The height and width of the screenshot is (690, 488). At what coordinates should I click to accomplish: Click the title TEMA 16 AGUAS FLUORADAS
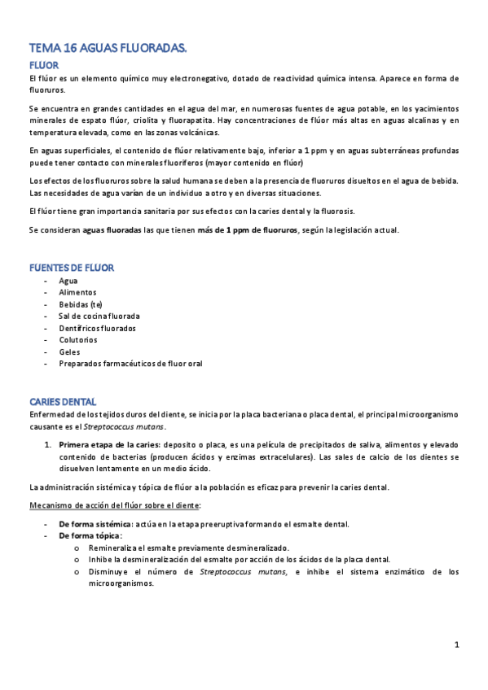tap(108, 50)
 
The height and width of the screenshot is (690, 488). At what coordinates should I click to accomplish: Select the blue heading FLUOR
tap(43, 65)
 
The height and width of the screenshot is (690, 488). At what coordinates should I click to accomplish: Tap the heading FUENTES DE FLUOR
tap(72, 267)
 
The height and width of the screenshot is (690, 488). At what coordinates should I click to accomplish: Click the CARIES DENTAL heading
tap(63, 402)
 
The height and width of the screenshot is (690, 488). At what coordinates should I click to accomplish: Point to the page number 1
tap(457, 645)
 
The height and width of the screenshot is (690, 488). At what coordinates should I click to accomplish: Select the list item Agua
tap(68, 280)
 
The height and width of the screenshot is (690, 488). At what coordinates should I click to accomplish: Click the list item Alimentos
tap(77, 292)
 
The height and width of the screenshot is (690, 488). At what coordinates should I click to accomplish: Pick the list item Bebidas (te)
tap(81, 304)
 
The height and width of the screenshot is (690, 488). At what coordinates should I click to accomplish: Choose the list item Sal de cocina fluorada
tap(99, 316)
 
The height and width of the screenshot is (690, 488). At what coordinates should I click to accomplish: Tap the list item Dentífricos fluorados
tap(97, 328)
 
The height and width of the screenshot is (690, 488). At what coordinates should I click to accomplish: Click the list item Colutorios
tap(78, 340)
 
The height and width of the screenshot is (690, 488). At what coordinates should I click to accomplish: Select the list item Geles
tap(69, 352)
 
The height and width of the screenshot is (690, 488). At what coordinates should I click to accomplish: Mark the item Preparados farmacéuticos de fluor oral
tap(130, 364)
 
